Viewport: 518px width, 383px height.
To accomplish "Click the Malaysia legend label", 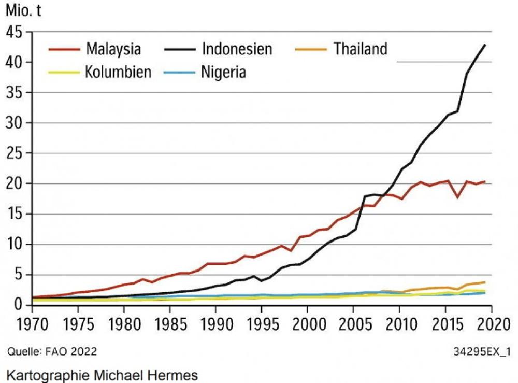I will tap(113, 50).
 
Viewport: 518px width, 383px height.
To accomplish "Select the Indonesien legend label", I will tap(237, 50).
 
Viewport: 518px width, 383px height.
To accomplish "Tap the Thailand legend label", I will tap(360, 49).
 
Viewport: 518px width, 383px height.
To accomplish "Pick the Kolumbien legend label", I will tap(118, 72).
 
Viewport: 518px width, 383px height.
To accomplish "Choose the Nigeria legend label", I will tap(223, 72).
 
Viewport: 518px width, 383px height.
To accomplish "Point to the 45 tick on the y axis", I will tap(17, 32).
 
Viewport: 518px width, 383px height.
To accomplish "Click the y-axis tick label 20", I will tap(17, 184).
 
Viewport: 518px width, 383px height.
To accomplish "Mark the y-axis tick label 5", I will tap(21, 275).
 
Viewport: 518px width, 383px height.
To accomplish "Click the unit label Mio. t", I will tap(23, 11).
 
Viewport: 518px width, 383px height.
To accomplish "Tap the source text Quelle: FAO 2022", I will tap(52, 351).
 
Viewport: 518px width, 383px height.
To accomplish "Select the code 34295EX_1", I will tap(482, 351).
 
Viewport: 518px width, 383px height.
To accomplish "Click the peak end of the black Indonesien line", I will tap(485, 45).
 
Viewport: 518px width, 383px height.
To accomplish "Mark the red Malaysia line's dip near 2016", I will tap(457, 197).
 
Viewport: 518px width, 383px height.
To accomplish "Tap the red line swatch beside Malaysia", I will tap(64, 50).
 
